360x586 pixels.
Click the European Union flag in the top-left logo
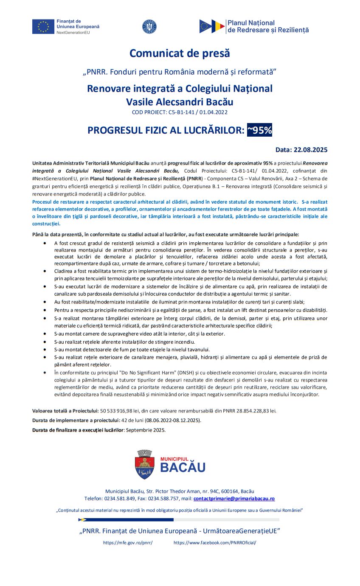click(x=43, y=26)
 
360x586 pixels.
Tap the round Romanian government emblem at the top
click(x=149, y=26)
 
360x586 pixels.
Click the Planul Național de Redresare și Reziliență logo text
click(x=268, y=26)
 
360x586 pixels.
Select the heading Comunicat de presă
click(x=180, y=53)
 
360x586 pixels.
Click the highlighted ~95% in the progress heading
click(x=259, y=130)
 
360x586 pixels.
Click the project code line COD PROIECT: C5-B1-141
click(x=180, y=112)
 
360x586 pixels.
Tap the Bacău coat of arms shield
click(x=144, y=464)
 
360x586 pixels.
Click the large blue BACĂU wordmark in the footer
click(x=183, y=467)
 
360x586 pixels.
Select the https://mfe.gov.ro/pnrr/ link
click(x=128, y=543)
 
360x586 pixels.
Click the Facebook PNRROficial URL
click(x=215, y=543)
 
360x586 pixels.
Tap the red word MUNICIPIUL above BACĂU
click(x=174, y=459)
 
